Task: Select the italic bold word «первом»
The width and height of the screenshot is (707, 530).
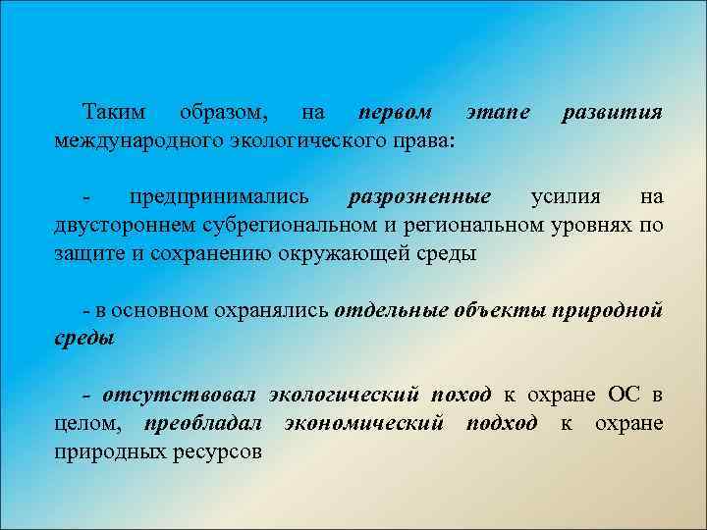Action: tap(395, 113)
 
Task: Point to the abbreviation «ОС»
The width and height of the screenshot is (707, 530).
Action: tap(626, 396)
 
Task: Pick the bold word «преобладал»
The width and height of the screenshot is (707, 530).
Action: tap(201, 423)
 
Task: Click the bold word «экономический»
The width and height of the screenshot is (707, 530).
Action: tap(363, 423)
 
